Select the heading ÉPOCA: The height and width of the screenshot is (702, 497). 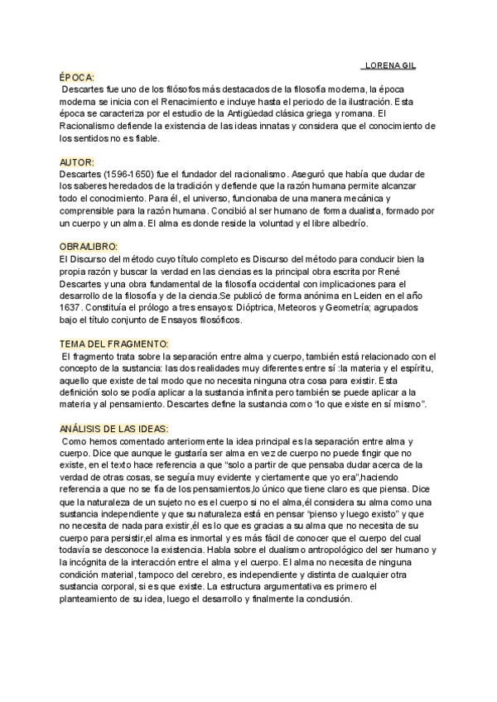pos(77,75)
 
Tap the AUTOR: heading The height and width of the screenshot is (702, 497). pos(77,161)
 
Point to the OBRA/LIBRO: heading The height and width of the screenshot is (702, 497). pos(89,247)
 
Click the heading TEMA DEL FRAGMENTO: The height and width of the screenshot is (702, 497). pos(113,344)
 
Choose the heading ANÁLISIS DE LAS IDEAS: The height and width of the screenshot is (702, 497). pos(114,429)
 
